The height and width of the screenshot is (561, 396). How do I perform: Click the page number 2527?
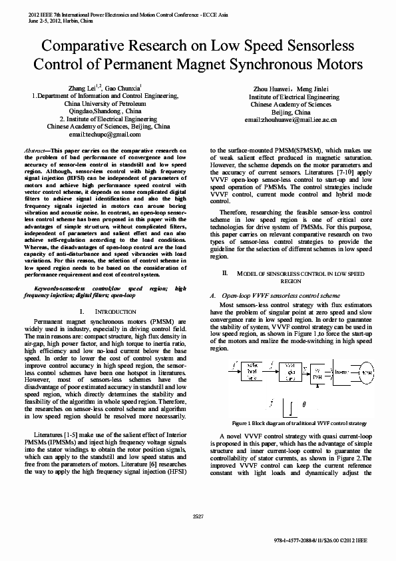[198, 516]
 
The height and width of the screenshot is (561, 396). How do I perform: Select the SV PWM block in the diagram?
[317, 372]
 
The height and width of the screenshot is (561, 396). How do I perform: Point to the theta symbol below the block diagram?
[303, 404]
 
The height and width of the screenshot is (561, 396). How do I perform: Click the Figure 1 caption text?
[299, 422]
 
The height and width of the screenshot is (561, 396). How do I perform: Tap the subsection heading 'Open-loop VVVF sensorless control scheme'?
[280, 294]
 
